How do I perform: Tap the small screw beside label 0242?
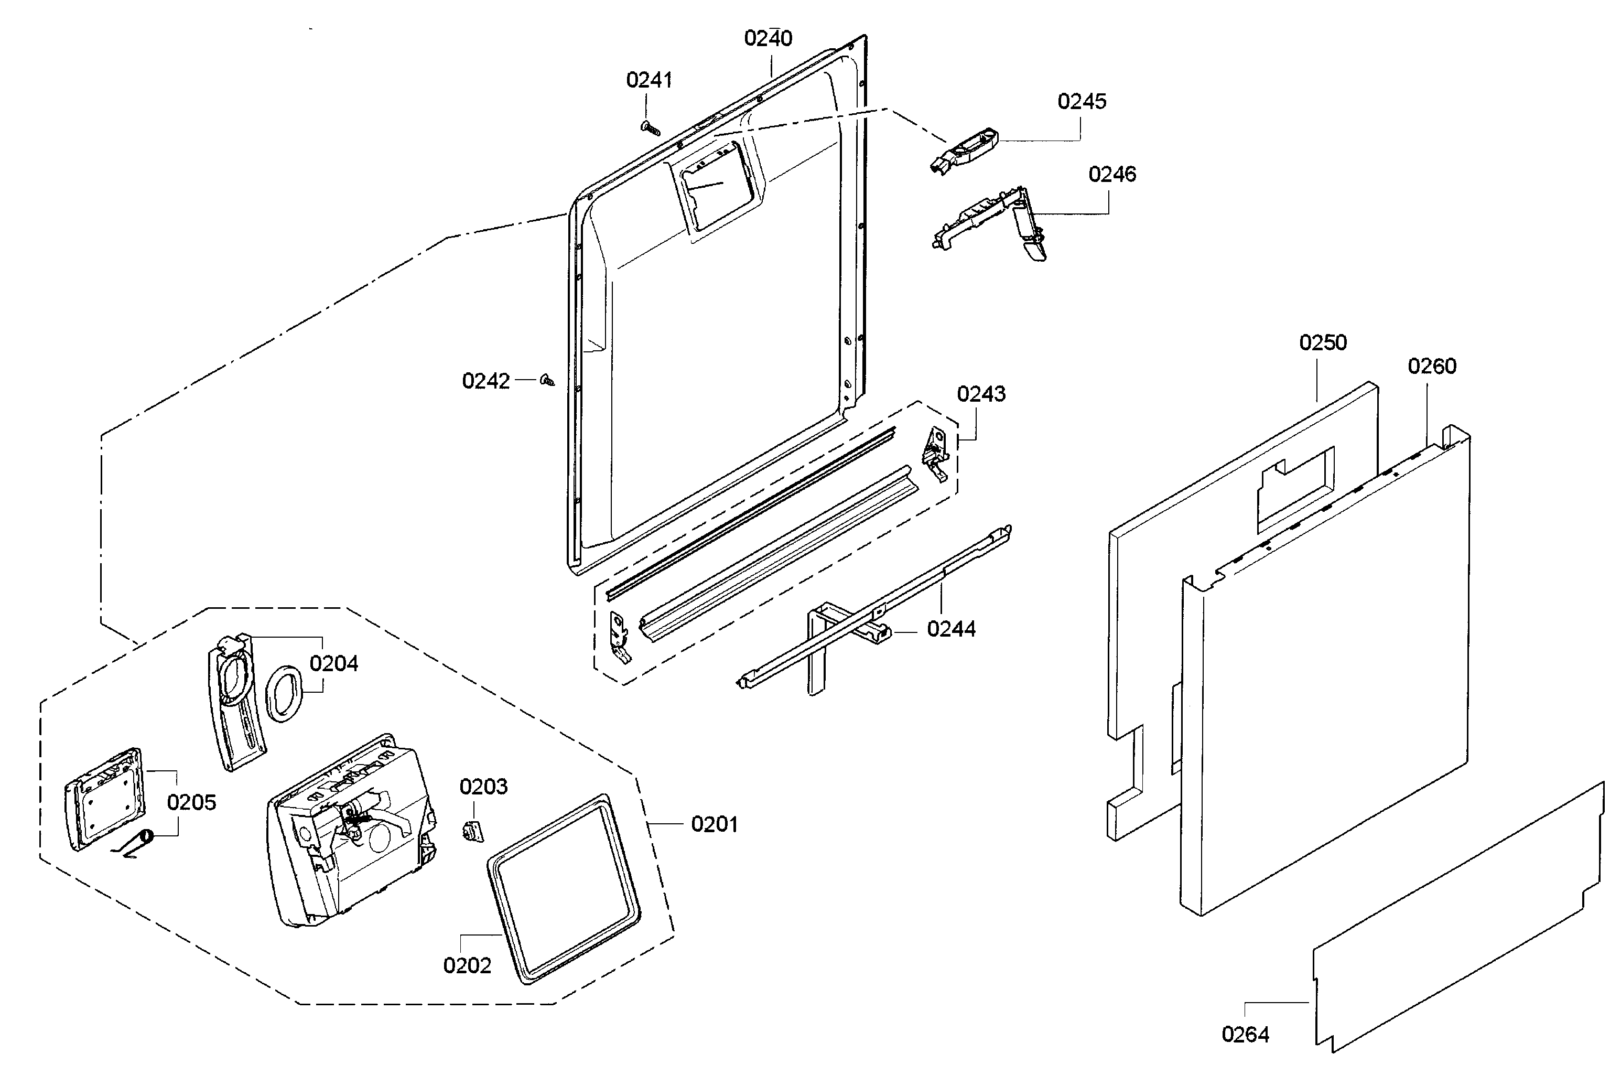(547, 380)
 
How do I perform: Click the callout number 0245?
(1082, 101)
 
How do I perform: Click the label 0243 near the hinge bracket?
(981, 394)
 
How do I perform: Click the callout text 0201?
(714, 824)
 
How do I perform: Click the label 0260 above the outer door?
(1431, 366)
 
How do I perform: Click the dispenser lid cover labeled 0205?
(105, 798)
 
